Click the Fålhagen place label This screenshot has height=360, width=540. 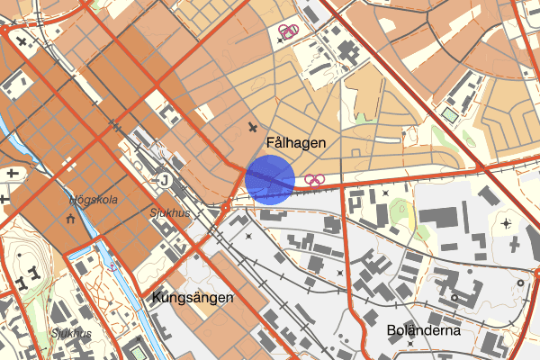click(x=296, y=143)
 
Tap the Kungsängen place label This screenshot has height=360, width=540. click(x=193, y=297)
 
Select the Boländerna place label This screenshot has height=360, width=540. click(x=423, y=330)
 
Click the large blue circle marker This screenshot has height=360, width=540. click(x=270, y=178)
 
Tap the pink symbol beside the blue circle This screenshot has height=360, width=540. click(x=314, y=179)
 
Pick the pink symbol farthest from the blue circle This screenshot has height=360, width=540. click(x=288, y=32)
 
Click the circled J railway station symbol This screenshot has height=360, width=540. click(x=164, y=179)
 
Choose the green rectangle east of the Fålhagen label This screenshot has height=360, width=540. click(x=448, y=114)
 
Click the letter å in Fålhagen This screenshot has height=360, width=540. click(x=279, y=143)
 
